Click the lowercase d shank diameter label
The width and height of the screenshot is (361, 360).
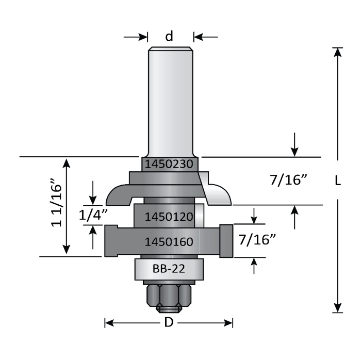[169, 37]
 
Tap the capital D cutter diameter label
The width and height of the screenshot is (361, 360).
[168, 323]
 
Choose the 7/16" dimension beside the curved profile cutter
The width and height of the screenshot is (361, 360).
[289, 181]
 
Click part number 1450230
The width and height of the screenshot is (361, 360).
[169, 164]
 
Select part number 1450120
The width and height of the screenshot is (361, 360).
[169, 217]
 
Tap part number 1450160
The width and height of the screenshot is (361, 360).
[169, 241]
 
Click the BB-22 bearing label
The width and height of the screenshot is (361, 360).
[169, 268]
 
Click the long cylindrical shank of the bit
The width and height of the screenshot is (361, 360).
[170, 98]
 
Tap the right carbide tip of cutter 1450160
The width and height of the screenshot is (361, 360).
[226, 241]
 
